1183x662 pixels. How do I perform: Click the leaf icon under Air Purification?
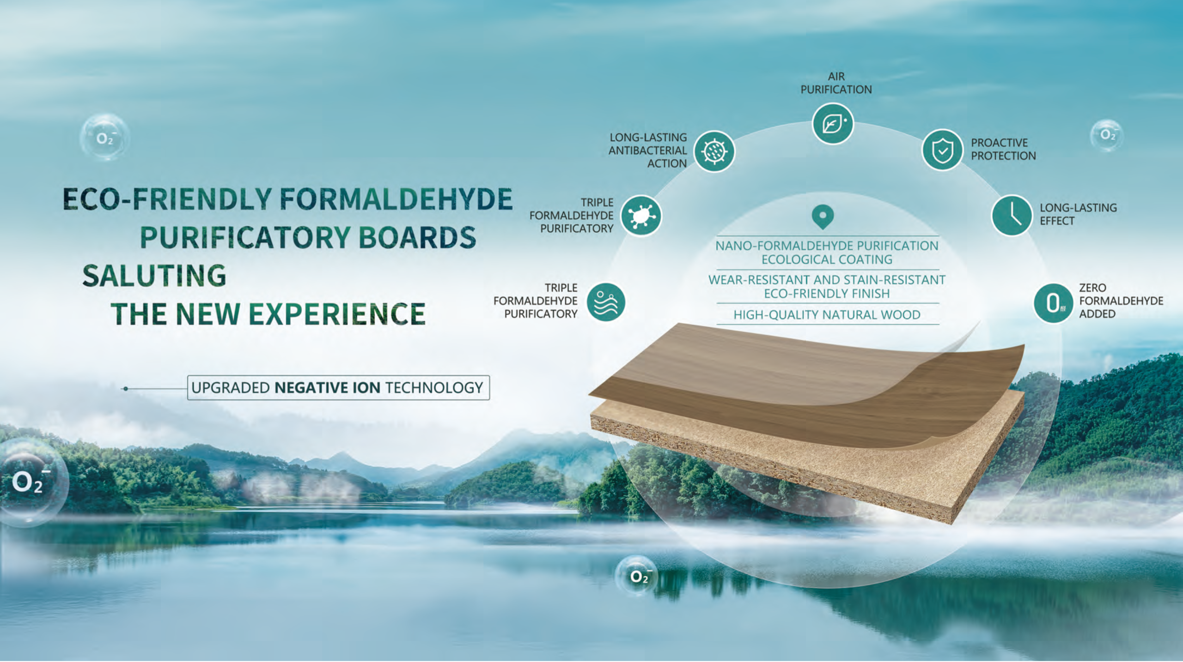pyautogui.click(x=833, y=124)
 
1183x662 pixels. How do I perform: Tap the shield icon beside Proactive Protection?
pyautogui.click(x=942, y=150)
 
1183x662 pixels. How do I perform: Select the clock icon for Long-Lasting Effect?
pyautogui.click(x=1012, y=215)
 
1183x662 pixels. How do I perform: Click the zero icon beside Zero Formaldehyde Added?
pyautogui.click(x=1053, y=303)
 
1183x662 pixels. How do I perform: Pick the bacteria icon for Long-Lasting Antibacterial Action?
pyautogui.click(x=714, y=151)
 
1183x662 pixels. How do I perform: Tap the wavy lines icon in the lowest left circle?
pyautogui.click(x=606, y=302)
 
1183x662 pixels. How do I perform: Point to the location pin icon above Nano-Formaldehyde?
pyautogui.click(x=823, y=217)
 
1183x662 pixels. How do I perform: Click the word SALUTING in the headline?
pyautogui.click(x=154, y=276)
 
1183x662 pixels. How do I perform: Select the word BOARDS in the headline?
pyautogui.click(x=417, y=237)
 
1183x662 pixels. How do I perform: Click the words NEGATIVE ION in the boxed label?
pyautogui.click(x=328, y=387)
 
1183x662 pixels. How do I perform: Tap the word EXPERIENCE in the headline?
pyautogui.click(x=337, y=314)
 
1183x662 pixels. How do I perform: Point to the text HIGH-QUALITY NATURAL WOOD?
pyautogui.click(x=827, y=315)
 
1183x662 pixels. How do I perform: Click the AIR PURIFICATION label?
pyautogui.click(x=836, y=83)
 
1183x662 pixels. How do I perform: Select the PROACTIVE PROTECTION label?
pyautogui.click(x=1003, y=149)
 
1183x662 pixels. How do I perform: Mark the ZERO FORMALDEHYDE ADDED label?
pyautogui.click(x=1121, y=301)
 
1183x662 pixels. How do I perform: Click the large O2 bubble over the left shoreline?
pyautogui.click(x=29, y=482)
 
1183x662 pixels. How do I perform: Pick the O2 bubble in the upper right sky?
pyautogui.click(x=1106, y=135)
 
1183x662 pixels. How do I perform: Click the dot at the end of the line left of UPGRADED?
pyautogui.click(x=125, y=389)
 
